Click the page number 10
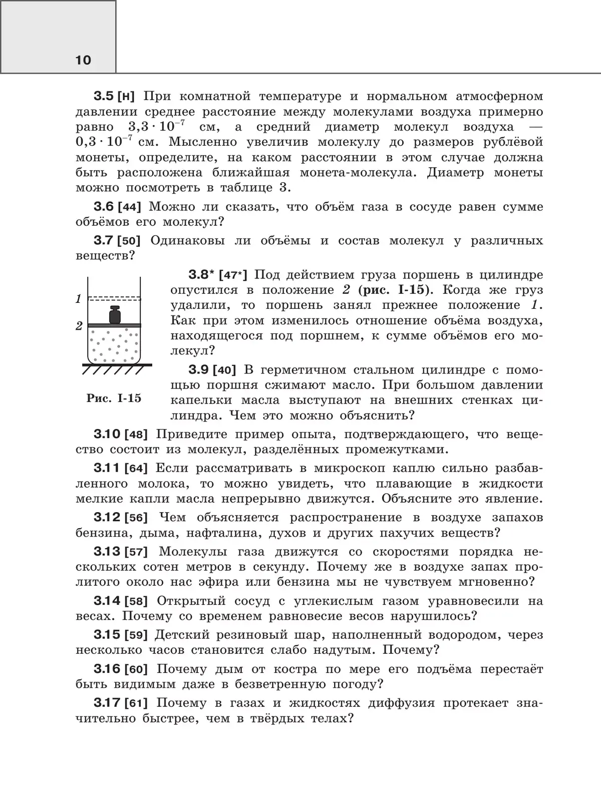84,61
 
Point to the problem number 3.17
107,703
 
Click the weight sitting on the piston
116,315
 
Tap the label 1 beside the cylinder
79,299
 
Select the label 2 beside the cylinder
79,326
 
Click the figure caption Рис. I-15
114,398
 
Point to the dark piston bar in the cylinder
115,325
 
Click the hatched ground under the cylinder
116,369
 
